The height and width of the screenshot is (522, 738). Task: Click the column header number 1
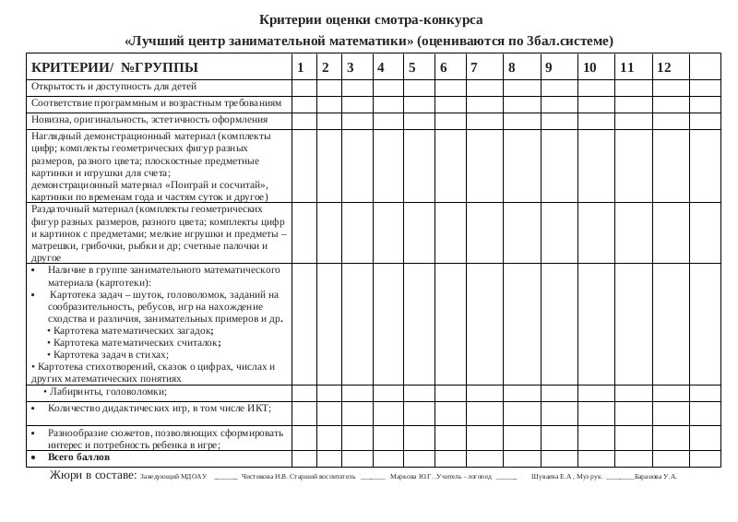click(299, 67)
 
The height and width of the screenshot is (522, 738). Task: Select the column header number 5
click(411, 67)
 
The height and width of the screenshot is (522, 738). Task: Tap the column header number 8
click(511, 67)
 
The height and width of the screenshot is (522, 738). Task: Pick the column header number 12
click(664, 67)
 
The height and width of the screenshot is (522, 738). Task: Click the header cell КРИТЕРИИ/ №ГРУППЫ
click(114, 67)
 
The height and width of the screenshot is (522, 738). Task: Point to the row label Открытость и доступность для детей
click(100, 87)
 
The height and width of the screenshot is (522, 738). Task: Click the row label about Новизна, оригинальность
click(149, 120)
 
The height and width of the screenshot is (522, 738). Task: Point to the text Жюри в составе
click(91, 476)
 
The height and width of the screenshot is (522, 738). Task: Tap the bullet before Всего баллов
click(34, 457)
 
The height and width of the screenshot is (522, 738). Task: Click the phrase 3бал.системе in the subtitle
click(570, 41)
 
